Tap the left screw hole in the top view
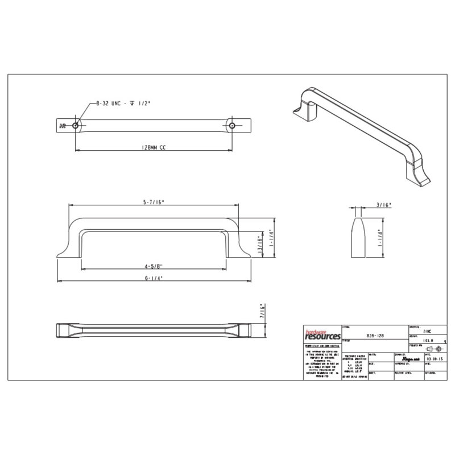(76, 124)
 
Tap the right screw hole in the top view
(232, 124)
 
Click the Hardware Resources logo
(320, 334)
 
